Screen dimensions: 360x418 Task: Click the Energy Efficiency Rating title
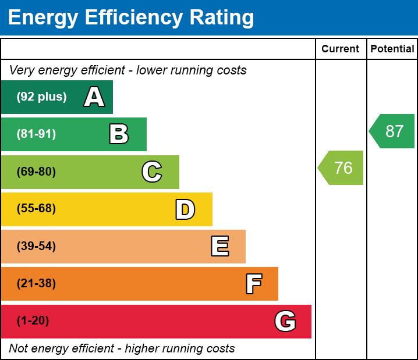131,18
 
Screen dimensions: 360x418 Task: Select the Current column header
341,49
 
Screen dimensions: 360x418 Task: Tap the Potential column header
392,49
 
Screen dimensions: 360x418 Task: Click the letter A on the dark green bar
94,97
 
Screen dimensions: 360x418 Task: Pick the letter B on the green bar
119,134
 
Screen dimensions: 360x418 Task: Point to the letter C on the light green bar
152,172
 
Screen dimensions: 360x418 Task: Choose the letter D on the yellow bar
185,209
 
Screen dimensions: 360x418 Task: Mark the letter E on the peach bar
219,247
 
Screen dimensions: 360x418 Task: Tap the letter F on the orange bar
253,284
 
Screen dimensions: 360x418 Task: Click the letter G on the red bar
285,321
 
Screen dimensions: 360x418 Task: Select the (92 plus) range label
41,97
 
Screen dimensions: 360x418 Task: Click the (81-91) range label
36,134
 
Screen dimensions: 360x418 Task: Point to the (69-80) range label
36,172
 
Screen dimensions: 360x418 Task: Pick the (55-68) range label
36,209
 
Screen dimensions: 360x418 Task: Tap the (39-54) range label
36,247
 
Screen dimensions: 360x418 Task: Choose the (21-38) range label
36,284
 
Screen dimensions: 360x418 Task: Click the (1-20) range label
33,321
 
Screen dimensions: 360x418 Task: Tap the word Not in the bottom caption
19,348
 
